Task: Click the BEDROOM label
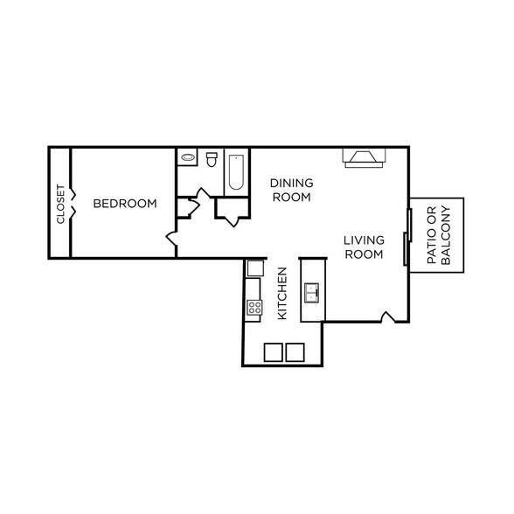pyautogui.click(x=125, y=204)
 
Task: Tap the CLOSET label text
pyautogui.click(x=60, y=204)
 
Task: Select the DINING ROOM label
pyautogui.click(x=291, y=190)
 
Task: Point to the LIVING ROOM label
pyautogui.click(x=364, y=247)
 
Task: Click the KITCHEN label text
pyautogui.click(x=282, y=293)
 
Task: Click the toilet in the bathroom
pyautogui.click(x=211, y=159)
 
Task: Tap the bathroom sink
pyautogui.click(x=188, y=159)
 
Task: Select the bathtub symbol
pyautogui.click(x=236, y=172)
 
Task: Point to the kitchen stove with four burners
pyautogui.click(x=254, y=307)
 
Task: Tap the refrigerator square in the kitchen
pyautogui.click(x=254, y=267)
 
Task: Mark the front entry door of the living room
pyautogui.click(x=388, y=316)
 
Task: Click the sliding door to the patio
pyautogui.click(x=406, y=236)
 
